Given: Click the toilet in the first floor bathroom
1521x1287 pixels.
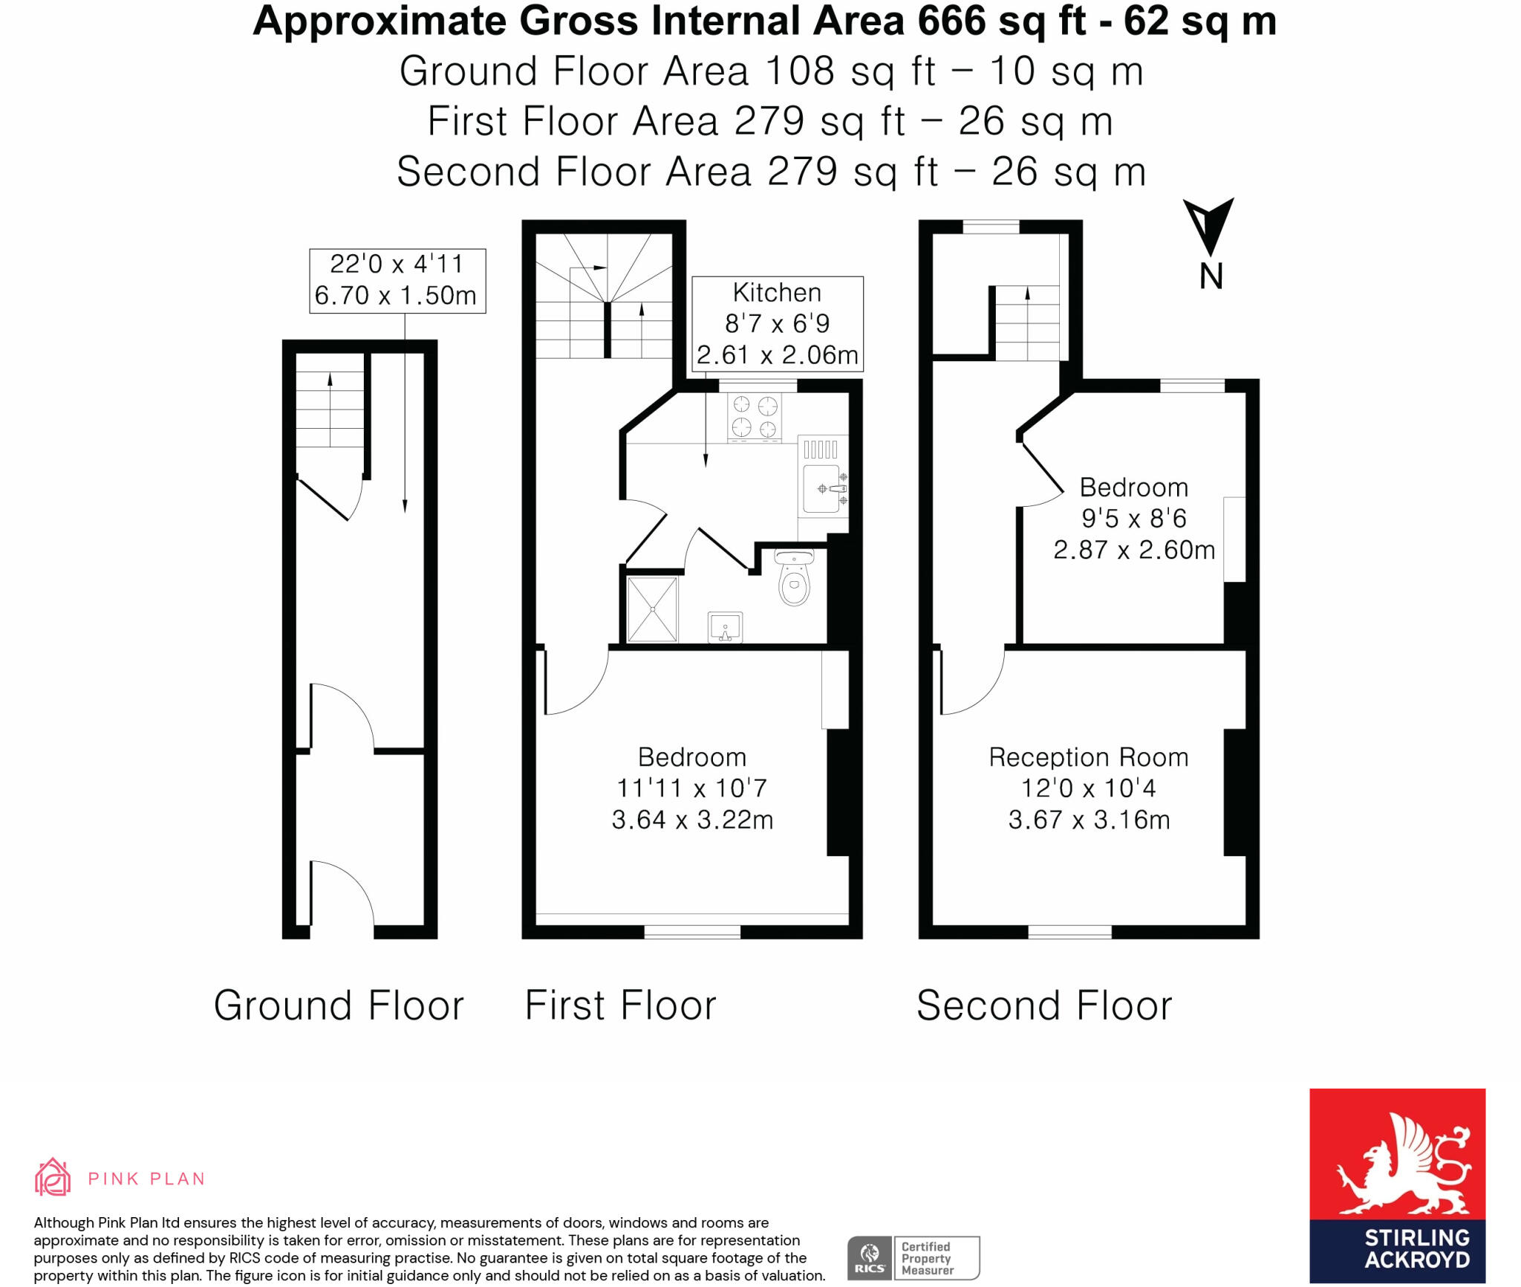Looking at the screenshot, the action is click(x=794, y=577).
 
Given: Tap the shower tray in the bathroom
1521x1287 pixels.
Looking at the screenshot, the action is click(x=652, y=609).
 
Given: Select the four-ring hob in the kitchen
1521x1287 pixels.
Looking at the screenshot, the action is click(x=755, y=418).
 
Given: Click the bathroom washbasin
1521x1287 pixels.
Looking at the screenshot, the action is click(x=725, y=627).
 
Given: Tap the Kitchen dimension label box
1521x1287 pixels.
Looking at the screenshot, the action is click(x=778, y=324).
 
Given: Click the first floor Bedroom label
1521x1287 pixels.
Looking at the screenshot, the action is click(x=692, y=788).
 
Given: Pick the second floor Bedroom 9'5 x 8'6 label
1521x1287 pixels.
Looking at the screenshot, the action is click(x=1134, y=519).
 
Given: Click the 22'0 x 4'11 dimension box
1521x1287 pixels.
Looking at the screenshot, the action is click(x=397, y=281).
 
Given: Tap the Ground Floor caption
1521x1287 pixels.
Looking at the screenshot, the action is click(x=339, y=1006).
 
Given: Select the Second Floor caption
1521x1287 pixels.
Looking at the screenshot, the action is click(x=1044, y=1006).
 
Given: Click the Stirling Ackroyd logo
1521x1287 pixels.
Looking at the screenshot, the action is click(x=1397, y=1185).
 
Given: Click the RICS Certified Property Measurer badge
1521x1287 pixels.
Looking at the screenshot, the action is click(x=913, y=1258).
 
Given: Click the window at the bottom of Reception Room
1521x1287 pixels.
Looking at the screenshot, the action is click(x=1069, y=932).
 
